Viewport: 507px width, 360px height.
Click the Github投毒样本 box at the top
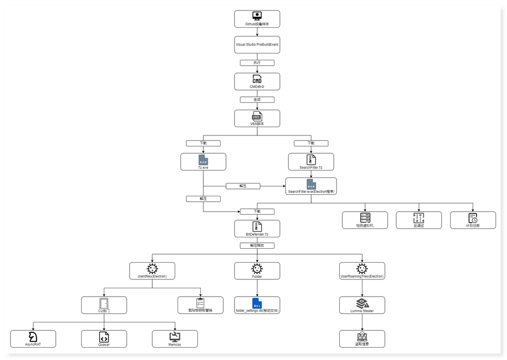257,19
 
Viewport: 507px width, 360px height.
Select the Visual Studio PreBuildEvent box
257,45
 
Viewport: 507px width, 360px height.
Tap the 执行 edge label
257,63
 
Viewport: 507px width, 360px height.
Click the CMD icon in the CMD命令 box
257,79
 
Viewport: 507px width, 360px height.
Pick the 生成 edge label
257,99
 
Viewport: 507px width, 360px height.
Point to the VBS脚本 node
257,119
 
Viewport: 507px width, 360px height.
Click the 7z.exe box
203,162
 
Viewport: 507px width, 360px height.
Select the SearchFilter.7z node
311,162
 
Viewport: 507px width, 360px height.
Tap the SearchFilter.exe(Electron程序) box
311,186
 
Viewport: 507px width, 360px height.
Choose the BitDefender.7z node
257,228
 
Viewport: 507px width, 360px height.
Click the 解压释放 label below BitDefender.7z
257,245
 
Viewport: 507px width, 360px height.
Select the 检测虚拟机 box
365,220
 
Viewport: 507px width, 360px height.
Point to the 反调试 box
418,220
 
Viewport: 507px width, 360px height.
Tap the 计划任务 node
472,220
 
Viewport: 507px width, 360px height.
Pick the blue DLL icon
257,303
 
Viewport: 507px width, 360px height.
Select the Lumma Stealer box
362,305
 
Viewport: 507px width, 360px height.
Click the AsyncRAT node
33,339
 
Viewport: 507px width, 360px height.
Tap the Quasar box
104,339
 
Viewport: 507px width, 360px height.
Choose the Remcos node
175,339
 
